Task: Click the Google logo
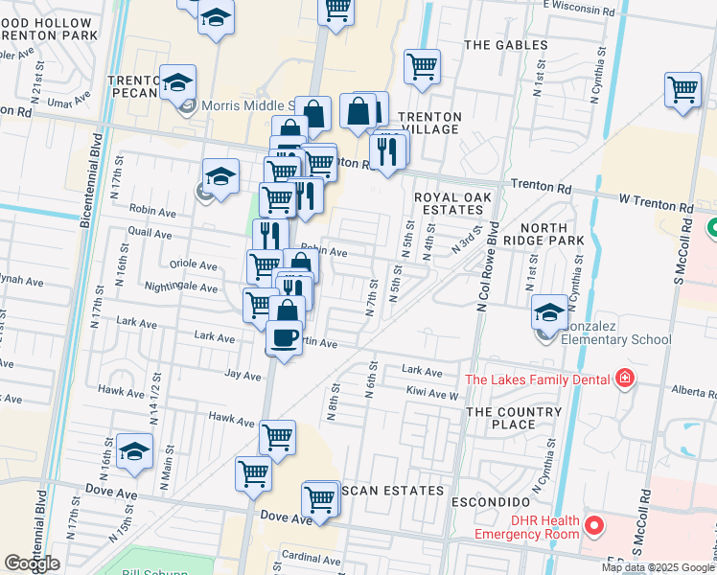pyautogui.click(x=33, y=563)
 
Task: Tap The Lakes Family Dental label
pyautogui.click(x=537, y=379)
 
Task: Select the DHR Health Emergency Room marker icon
pyautogui.click(x=594, y=525)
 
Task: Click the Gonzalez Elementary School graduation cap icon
pyautogui.click(x=549, y=310)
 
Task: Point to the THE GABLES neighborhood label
pyautogui.click(x=506, y=45)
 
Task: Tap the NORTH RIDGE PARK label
pyautogui.click(x=538, y=235)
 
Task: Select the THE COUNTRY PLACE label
pyautogui.click(x=513, y=419)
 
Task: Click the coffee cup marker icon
pyautogui.click(x=284, y=337)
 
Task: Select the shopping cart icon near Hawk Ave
pyautogui.click(x=277, y=436)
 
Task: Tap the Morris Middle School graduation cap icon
pyautogui.click(x=177, y=82)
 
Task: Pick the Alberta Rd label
pyautogui.click(x=694, y=392)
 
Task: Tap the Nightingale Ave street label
pyautogui.click(x=180, y=287)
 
